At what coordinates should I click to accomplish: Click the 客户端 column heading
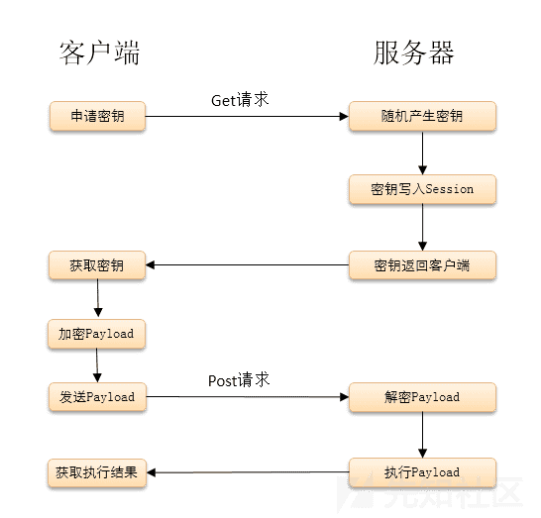point(99,52)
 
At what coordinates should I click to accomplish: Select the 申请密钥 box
point(97,116)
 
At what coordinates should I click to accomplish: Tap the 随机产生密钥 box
point(422,116)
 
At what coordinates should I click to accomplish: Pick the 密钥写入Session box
point(422,189)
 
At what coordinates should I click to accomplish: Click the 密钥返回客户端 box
point(422,265)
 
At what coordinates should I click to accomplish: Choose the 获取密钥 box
point(97,265)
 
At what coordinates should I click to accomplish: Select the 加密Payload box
point(97,334)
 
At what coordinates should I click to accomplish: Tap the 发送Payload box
point(97,397)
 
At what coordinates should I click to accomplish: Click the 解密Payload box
point(422,397)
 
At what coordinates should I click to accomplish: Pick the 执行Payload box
point(422,471)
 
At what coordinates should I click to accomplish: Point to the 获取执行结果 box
point(97,471)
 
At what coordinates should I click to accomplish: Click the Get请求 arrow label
point(240,100)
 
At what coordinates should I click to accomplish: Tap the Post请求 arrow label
point(239,380)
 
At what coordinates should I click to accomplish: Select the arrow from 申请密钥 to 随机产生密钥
point(248,117)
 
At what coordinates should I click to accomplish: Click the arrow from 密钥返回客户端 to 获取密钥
point(248,265)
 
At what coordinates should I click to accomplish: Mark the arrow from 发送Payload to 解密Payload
point(248,397)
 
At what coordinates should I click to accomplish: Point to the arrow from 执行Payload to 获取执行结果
point(248,472)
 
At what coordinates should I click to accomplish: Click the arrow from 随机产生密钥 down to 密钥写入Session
point(423,153)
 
